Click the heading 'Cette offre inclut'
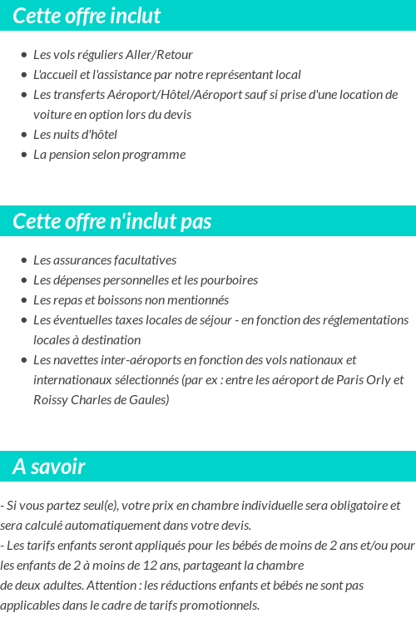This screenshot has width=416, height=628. coord(87,16)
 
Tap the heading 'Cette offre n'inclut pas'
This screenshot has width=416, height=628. coord(112,221)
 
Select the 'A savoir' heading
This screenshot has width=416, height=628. coord(49,467)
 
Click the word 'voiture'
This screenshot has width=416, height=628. coord(52,115)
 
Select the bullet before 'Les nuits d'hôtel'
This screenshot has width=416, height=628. coord(23,135)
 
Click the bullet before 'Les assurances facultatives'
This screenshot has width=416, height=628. coord(23,260)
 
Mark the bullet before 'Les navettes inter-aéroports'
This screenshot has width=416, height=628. coord(23,360)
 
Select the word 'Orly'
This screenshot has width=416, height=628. coord(377,380)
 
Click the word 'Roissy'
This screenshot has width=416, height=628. coord(50,400)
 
